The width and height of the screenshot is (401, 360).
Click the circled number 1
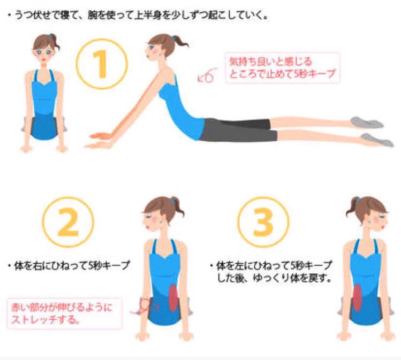pyautogui.click(x=102, y=64)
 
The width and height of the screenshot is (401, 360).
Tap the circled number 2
pyautogui.click(x=68, y=223)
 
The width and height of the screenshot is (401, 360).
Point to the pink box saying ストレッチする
pyautogui.click(x=64, y=313)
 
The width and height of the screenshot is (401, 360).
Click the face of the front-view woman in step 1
pyautogui.click(x=44, y=51)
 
